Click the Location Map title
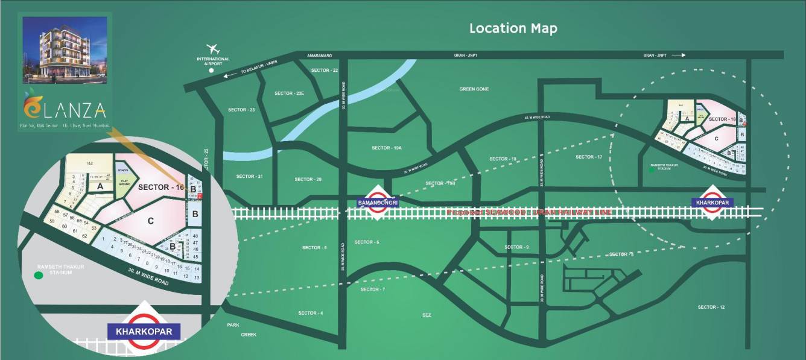[x=513, y=28]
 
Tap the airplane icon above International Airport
[x=212, y=48]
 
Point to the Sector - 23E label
[x=290, y=93]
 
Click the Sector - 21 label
[x=249, y=176]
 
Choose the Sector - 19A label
[x=386, y=148]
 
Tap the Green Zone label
[x=474, y=89]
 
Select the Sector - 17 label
[x=589, y=157]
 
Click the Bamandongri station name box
[x=378, y=203]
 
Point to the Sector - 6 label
[x=367, y=242]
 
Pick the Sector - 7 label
[x=372, y=289]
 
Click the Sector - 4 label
[x=311, y=313]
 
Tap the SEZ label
[x=427, y=315]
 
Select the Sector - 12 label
[x=711, y=308]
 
